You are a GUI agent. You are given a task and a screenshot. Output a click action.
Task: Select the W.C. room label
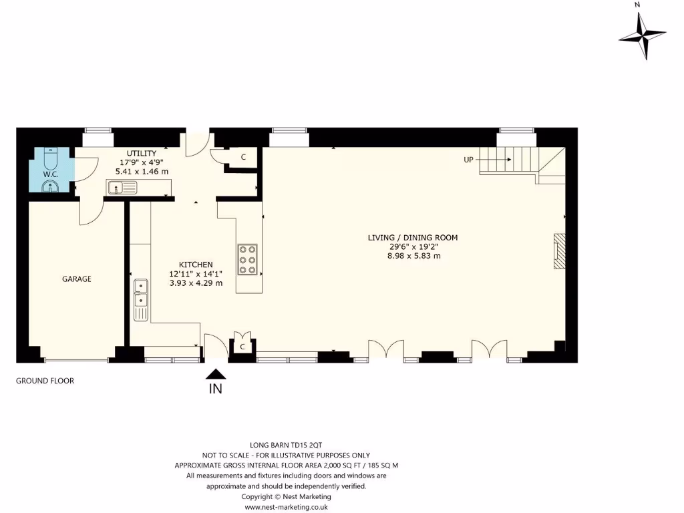[51, 174]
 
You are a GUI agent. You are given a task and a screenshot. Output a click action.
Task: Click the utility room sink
[121, 188]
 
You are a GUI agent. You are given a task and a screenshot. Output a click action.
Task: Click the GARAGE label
[77, 279]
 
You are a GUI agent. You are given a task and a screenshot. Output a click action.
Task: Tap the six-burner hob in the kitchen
[247, 258]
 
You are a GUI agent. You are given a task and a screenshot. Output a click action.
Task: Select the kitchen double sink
[141, 301]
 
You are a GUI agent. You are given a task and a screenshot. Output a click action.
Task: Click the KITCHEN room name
[196, 265]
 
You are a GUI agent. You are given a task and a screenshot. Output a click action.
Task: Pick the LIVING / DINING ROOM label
[413, 238]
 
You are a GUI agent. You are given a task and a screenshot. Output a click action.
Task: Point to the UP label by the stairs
[469, 160]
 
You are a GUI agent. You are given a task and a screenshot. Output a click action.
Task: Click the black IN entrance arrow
[216, 374]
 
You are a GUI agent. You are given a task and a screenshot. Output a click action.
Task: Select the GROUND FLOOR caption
[45, 381]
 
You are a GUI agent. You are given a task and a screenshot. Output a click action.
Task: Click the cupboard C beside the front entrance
[242, 346]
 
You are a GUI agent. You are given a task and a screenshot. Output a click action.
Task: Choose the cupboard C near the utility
[243, 158]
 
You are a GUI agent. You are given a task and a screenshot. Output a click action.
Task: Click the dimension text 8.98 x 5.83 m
[413, 256]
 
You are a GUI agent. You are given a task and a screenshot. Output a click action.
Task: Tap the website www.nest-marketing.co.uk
[286, 507]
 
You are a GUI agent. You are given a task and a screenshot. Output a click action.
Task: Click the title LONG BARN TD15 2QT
[286, 444]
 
